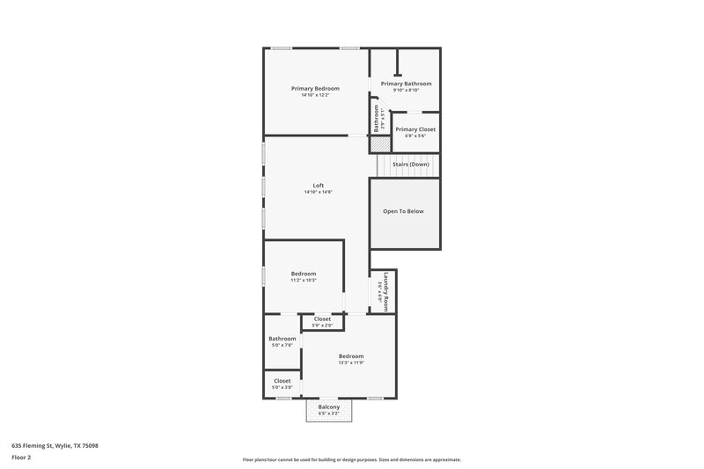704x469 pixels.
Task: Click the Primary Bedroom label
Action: [x=315, y=88]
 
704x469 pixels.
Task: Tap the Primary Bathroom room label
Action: [x=406, y=84]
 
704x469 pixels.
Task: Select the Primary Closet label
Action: [x=414, y=129]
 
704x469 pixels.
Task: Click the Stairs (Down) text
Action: [x=410, y=165]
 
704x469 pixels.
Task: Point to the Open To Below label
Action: [x=403, y=211]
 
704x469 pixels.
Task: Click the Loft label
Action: [x=318, y=186]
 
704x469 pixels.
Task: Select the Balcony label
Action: [x=328, y=407]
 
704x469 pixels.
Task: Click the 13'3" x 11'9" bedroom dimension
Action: [x=351, y=362]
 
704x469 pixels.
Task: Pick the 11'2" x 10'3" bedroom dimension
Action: [x=304, y=280]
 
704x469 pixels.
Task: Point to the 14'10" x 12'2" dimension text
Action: [x=315, y=95]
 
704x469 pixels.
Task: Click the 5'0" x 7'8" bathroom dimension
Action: [x=282, y=345]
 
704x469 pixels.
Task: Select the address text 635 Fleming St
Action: [x=55, y=446]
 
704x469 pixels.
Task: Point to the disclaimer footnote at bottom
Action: [x=351, y=459]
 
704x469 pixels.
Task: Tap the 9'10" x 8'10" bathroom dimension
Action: [x=406, y=90]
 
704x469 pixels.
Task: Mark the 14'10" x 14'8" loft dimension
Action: [x=318, y=193]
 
